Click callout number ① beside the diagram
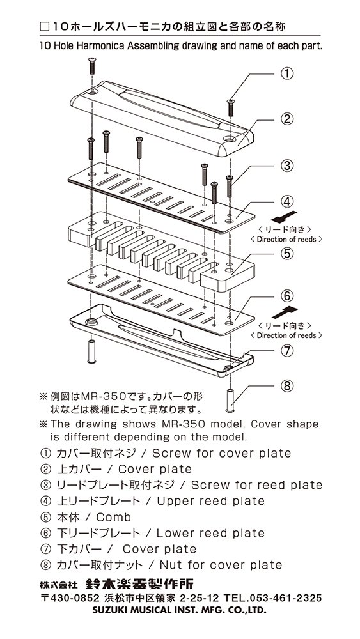287,73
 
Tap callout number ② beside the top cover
287,119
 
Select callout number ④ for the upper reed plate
287,201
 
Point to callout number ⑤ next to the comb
287,253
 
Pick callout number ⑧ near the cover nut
287,385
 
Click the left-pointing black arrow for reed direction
284,217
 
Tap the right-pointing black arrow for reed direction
285,312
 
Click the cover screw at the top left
91,66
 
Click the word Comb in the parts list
113,517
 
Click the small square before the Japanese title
44,27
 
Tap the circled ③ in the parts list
44,486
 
